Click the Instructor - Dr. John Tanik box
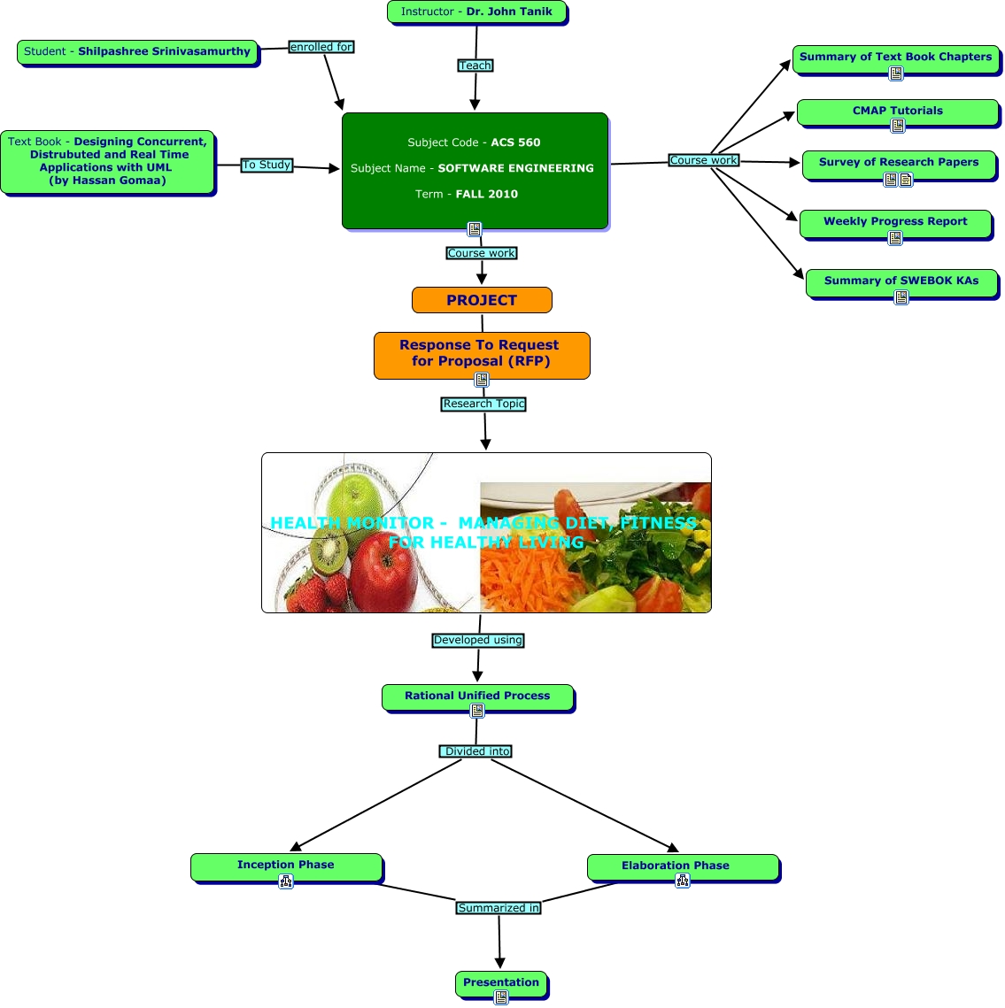point(476,12)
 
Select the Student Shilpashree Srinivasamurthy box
point(137,51)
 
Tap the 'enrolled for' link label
point(321,47)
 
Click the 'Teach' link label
point(475,65)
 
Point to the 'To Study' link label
point(267,165)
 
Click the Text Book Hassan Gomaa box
point(107,161)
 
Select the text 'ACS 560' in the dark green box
point(515,142)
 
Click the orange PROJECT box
point(482,300)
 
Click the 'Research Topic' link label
point(484,404)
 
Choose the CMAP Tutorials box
point(897,112)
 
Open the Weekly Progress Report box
point(895,222)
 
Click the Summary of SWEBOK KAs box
point(901,281)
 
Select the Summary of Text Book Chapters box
point(895,58)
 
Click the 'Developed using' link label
point(478,640)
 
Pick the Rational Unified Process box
point(477,696)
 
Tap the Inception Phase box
point(286,866)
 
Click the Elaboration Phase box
point(683,866)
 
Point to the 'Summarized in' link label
point(499,908)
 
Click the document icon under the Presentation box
point(501,997)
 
